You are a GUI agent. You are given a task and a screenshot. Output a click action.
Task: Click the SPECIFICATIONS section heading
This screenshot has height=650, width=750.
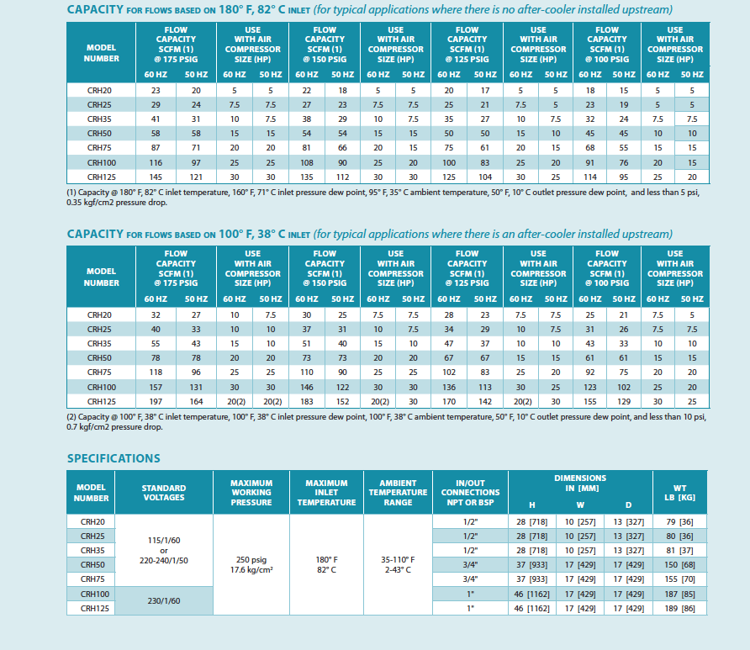(114, 458)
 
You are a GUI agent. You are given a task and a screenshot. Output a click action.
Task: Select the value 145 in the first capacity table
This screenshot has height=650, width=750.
(156, 177)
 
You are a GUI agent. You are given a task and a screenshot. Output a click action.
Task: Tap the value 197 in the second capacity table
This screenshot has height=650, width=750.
(156, 402)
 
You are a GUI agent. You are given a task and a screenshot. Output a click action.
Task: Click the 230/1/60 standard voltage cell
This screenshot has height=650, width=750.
(164, 600)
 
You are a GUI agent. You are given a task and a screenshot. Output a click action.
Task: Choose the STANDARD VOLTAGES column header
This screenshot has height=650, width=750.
(164, 493)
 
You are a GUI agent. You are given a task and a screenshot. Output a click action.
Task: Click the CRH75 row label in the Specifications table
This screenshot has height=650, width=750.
(92, 579)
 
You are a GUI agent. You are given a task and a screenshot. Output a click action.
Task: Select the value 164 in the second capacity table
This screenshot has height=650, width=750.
(196, 402)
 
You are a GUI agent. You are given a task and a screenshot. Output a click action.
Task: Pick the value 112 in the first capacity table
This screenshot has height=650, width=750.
(342, 177)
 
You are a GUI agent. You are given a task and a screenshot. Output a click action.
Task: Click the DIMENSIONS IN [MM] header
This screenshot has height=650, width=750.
(580, 484)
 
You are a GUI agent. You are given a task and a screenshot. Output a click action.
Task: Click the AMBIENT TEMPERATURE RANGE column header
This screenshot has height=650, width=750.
(398, 493)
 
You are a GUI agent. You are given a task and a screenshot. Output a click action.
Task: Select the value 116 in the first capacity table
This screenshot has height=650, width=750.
(156, 162)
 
